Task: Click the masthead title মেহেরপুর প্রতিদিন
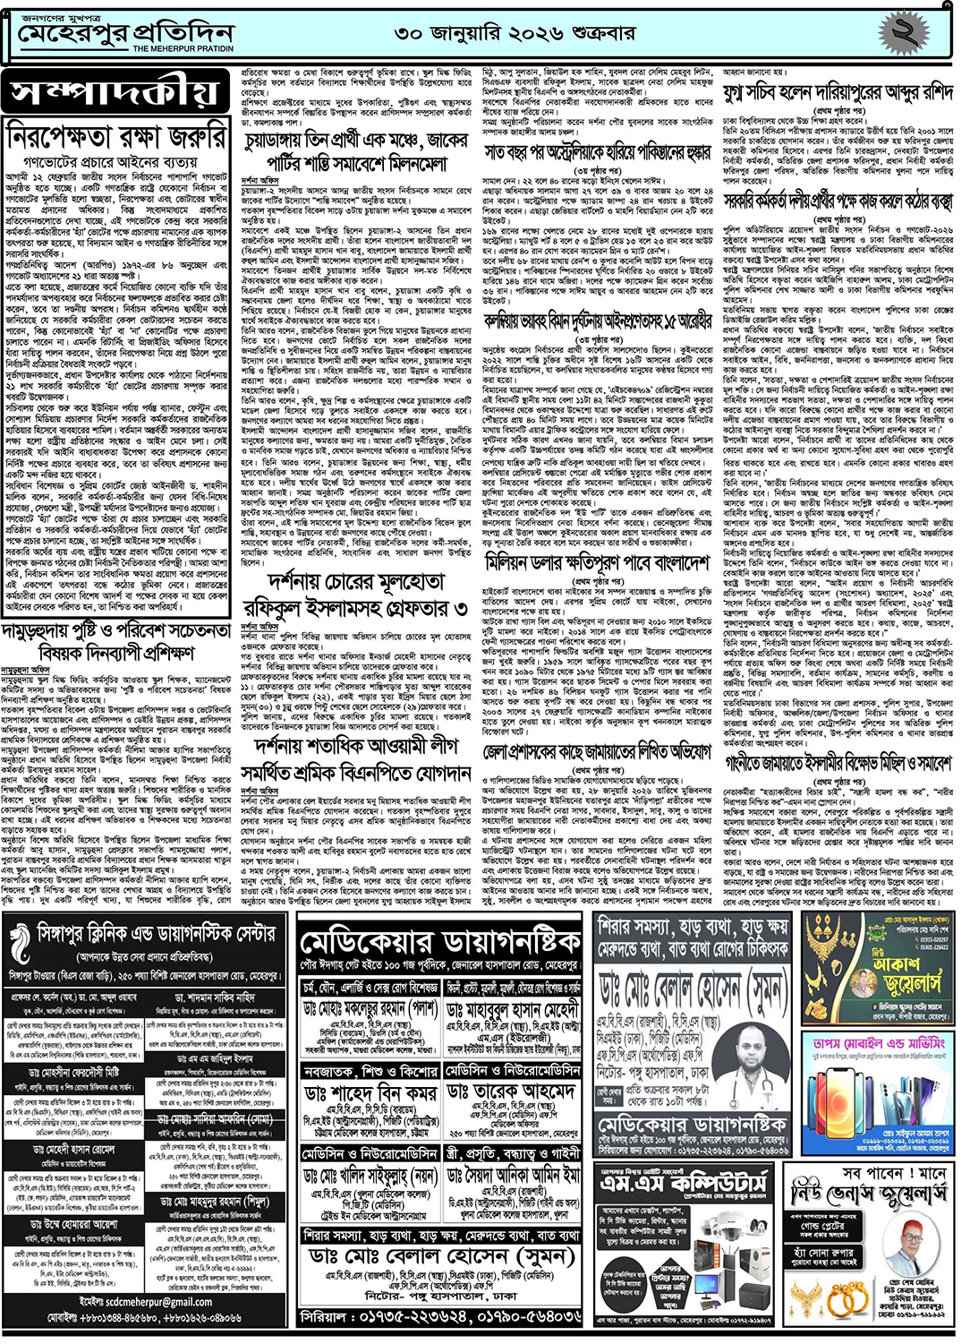(125, 33)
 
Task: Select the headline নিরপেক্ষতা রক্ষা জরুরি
(117, 138)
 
